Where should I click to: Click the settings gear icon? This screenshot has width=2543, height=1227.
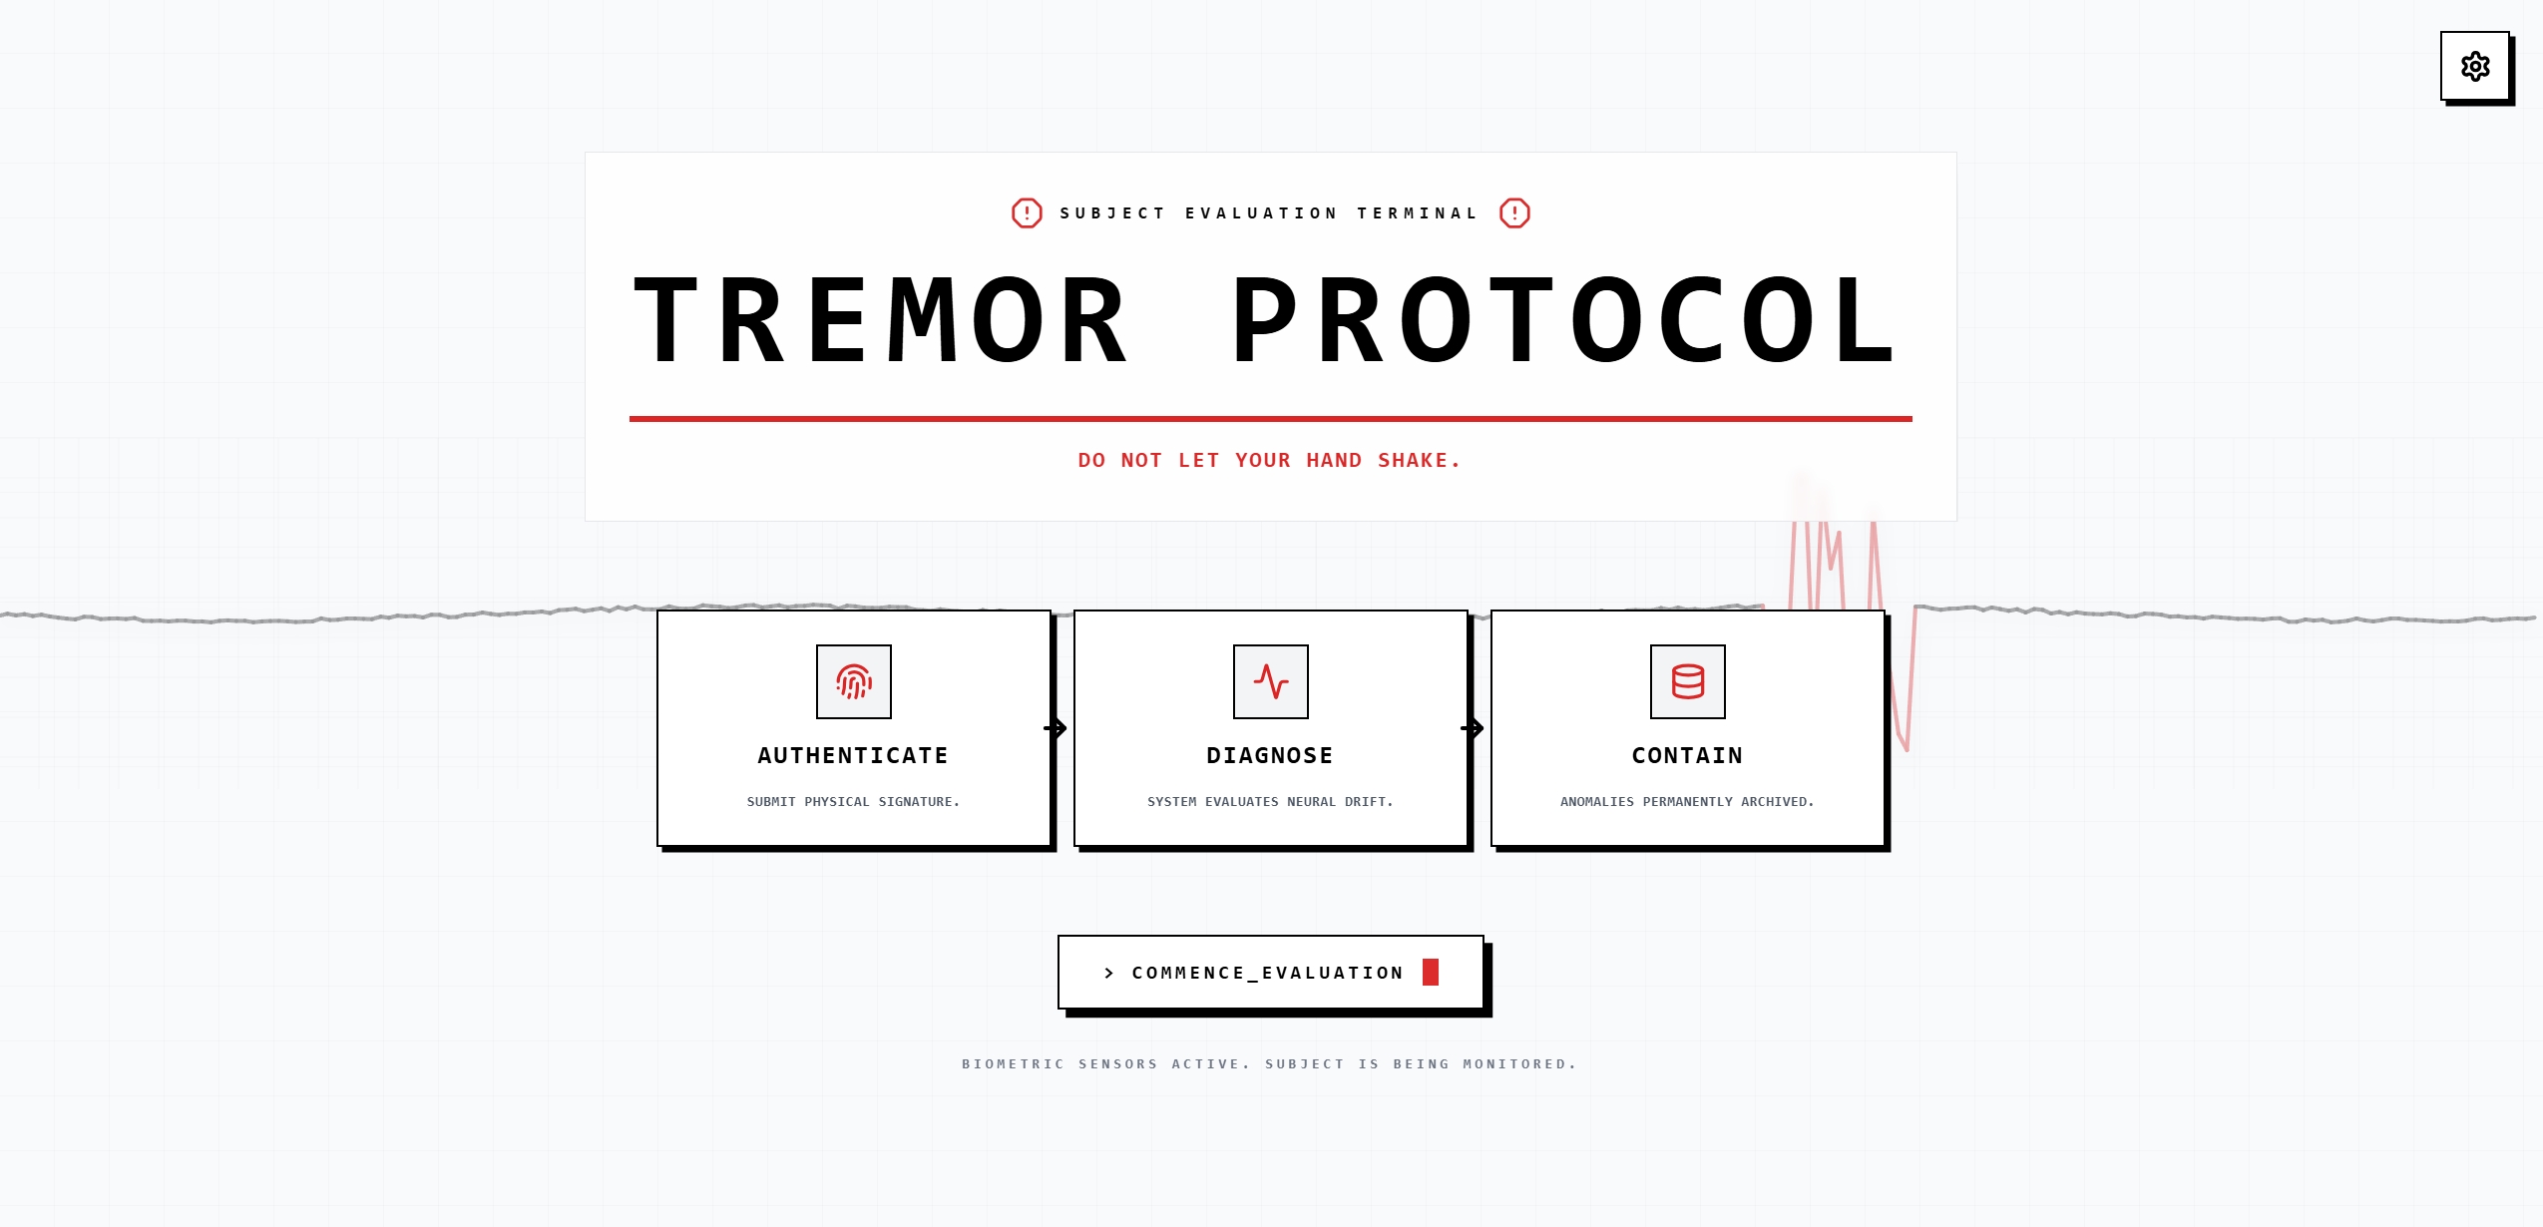(2475, 67)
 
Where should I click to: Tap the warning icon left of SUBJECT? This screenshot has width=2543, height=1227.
(1027, 212)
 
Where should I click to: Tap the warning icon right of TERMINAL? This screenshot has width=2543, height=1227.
(1514, 212)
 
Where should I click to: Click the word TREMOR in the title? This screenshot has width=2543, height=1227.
(882, 320)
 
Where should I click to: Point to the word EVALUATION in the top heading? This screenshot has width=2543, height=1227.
(1261, 213)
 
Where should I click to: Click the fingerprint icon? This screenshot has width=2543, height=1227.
(854, 681)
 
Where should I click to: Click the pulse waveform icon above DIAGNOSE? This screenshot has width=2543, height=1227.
(1271, 681)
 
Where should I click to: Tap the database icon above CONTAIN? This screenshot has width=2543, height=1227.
(1688, 681)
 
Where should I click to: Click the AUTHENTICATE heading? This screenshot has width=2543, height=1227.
(853, 756)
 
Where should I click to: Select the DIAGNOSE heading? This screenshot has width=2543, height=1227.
(1270, 756)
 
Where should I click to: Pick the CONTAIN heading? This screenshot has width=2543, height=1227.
(1688, 756)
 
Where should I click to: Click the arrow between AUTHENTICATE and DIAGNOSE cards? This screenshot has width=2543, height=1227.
(1056, 728)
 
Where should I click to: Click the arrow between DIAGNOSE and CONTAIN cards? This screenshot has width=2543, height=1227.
(1473, 728)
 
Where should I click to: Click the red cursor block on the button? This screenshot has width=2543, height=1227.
(1431, 972)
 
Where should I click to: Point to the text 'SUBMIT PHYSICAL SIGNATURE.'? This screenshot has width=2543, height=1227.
(853, 802)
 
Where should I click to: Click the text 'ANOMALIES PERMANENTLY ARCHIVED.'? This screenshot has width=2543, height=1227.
(1687, 802)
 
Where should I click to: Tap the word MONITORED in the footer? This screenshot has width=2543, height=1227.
(1519, 1064)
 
